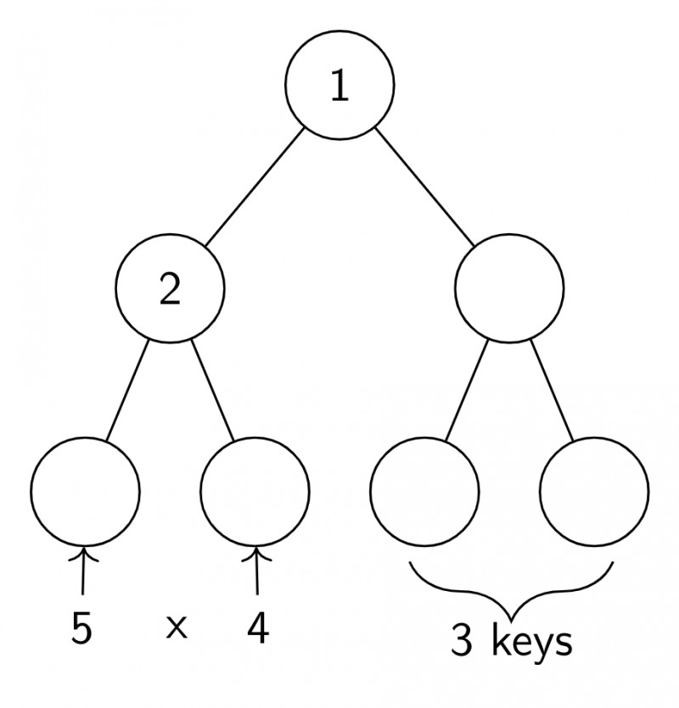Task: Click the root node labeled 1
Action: [339, 87]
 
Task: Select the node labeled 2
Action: [170, 290]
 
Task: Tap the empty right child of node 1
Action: [509, 290]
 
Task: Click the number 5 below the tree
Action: [81, 629]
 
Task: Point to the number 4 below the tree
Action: [258, 629]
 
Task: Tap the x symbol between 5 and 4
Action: [175, 629]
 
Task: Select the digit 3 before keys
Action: [461, 642]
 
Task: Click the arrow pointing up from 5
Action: [83, 573]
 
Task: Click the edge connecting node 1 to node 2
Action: [254, 188]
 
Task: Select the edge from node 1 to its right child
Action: [424, 188]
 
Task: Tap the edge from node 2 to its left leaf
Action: [127, 390]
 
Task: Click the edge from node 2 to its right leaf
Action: [212, 390]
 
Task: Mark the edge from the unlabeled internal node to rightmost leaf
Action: [553, 390]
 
